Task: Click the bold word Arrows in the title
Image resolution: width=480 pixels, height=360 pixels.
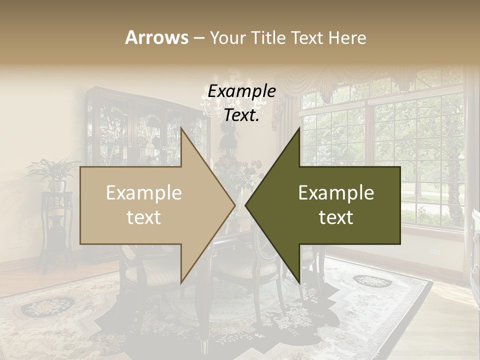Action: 157,37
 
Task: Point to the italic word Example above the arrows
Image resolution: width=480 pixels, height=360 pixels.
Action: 241,91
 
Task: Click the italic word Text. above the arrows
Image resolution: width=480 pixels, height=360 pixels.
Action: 241,115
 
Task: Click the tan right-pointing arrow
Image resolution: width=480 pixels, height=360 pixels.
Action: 150,205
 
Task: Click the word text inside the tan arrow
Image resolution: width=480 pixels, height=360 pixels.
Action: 144,217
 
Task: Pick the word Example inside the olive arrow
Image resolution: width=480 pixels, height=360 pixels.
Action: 336,192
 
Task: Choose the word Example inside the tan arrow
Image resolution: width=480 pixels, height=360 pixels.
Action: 144,192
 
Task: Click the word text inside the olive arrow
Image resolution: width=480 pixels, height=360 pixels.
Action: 336,217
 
